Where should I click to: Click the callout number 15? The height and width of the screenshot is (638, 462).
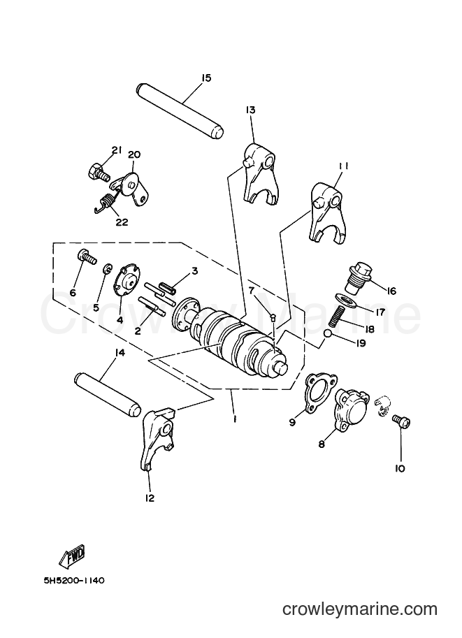point(206,78)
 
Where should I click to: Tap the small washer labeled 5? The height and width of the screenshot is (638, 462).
point(107,268)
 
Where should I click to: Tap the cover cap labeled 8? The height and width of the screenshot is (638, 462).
point(350,410)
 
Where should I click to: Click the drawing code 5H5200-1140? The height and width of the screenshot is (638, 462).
point(74,580)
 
